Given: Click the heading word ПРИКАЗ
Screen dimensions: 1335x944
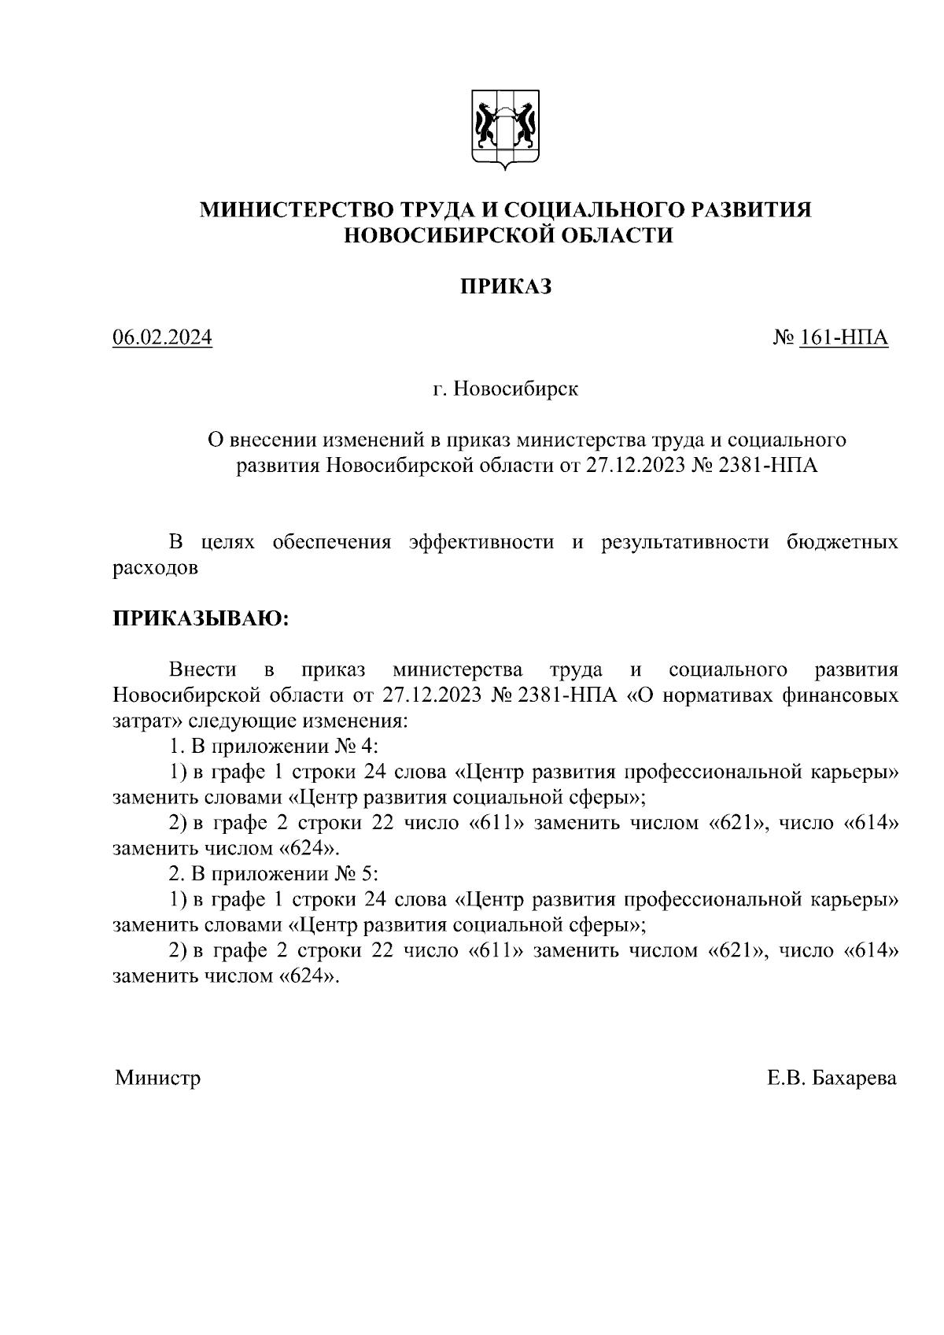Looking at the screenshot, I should tap(506, 287).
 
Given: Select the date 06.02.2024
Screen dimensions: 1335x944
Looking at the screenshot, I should tap(163, 337).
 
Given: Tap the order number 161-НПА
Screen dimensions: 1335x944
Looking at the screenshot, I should tap(844, 337).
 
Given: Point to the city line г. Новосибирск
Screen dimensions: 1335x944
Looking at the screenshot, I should tap(505, 389).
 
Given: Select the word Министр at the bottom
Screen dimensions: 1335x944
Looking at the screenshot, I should tap(158, 1077).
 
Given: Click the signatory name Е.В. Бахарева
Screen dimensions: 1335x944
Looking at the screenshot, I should tap(832, 1077).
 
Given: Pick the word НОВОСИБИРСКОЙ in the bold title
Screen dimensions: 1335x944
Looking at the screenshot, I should tap(449, 235).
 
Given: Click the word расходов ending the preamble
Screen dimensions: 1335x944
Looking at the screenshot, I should tap(155, 567).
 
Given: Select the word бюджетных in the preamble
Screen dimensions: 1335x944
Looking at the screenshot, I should tap(843, 542).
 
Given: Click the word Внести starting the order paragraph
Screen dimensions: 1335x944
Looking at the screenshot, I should tap(203, 669).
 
